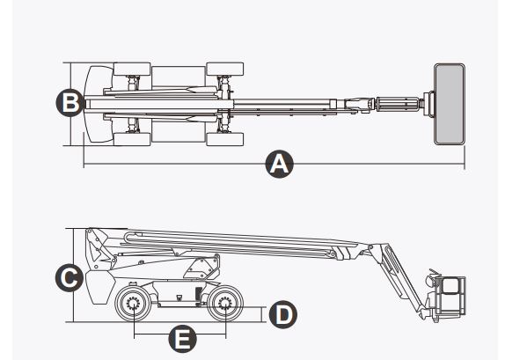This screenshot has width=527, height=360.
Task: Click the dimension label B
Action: [x=69, y=103]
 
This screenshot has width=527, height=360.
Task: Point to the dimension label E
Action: [x=181, y=337]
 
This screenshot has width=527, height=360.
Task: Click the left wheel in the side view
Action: [x=135, y=306]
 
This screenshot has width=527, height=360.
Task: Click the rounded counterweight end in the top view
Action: [x=94, y=103]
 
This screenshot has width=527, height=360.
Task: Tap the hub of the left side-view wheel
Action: [x=135, y=306]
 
